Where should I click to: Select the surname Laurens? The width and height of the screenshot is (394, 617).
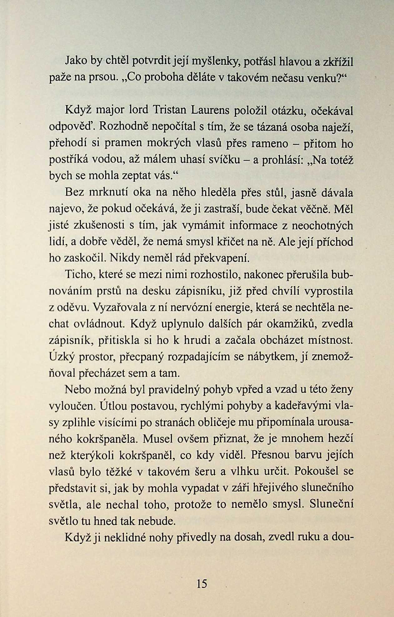(x=210, y=110)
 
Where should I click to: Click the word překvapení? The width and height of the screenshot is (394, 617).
(x=222, y=258)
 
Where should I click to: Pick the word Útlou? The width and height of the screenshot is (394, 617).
(x=114, y=406)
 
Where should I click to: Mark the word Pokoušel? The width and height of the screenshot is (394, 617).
(x=317, y=471)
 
